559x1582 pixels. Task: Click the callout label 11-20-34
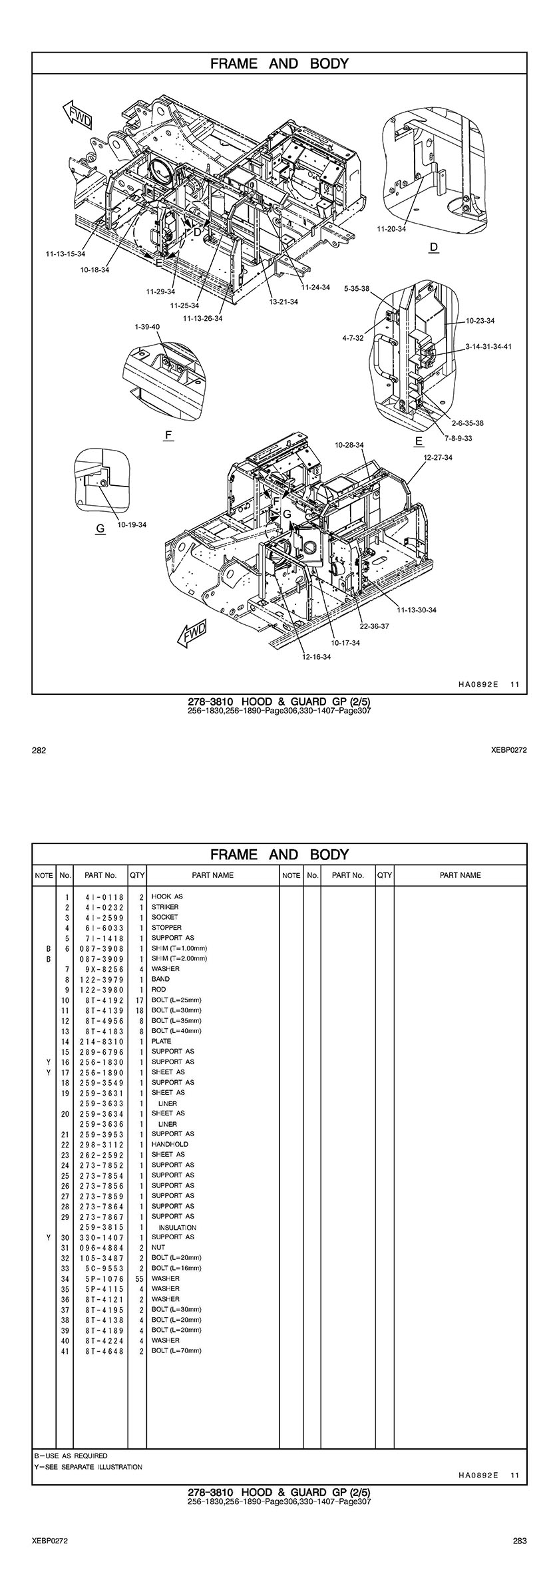coord(391,229)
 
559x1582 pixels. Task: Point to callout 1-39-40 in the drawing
coord(147,327)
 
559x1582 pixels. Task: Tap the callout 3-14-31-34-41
coord(488,347)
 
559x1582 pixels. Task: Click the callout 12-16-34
coord(317,656)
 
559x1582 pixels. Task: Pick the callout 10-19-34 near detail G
coord(132,524)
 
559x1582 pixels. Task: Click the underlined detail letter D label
coord(434,248)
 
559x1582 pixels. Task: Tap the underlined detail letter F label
coord(168,435)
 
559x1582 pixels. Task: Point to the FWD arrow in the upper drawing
coord(77,114)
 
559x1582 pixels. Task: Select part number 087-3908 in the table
coord(101,948)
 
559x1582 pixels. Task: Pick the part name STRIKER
coord(165,906)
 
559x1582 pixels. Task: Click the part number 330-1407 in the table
coord(101,1237)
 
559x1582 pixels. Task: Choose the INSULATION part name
coord(177,1227)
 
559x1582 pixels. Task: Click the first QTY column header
coord(137,875)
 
